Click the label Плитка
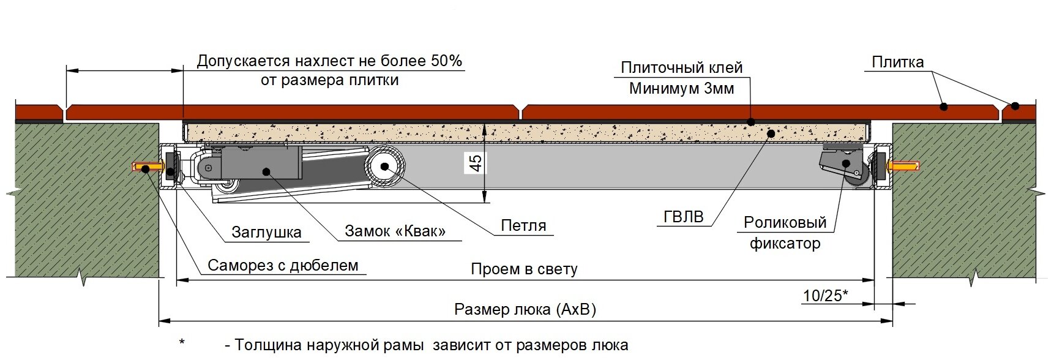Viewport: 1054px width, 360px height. [x=897, y=62]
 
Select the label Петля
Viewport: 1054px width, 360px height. [x=523, y=225]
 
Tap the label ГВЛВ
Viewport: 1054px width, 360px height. [x=683, y=217]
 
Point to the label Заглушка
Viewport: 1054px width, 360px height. [x=266, y=232]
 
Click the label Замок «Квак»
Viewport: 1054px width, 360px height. [x=395, y=231]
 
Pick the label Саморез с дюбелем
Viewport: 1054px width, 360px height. [x=283, y=265]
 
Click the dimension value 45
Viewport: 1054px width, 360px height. [x=476, y=163]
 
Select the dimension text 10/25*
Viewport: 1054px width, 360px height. [x=825, y=296]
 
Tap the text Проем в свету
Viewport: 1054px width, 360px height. [x=524, y=269]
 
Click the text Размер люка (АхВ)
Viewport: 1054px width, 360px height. [x=525, y=309]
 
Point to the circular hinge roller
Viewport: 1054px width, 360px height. [x=386, y=166]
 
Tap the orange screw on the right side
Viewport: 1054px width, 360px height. [x=905, y=166]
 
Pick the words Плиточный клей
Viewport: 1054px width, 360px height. [x=681, y=67]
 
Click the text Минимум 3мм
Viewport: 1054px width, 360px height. [x=681, y=89]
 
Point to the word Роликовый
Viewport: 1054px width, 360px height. [x=785, y=222]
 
